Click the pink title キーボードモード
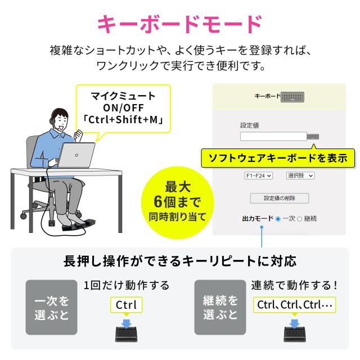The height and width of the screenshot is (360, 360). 180,24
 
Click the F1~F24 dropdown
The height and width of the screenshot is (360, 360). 258,175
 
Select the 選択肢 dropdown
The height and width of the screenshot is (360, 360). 300,175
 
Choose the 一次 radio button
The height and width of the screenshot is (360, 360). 278,219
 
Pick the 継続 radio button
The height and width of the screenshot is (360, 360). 300,219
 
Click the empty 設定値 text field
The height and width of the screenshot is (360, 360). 273,136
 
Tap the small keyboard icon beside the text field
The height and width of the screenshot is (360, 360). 313,137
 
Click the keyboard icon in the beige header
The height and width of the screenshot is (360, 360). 292,97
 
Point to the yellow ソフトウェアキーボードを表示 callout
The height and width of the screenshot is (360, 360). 278,158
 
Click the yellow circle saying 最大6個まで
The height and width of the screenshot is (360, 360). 178,202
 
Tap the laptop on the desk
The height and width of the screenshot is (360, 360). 76,156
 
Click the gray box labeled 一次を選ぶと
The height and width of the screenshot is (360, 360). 51,307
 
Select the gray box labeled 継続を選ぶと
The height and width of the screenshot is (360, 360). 220,307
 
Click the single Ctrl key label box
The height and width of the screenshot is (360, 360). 126,305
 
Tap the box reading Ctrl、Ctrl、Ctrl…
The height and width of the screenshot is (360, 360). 295,305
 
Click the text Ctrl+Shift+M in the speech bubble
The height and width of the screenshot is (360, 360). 123,120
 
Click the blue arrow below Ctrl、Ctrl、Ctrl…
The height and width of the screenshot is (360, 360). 294,323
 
